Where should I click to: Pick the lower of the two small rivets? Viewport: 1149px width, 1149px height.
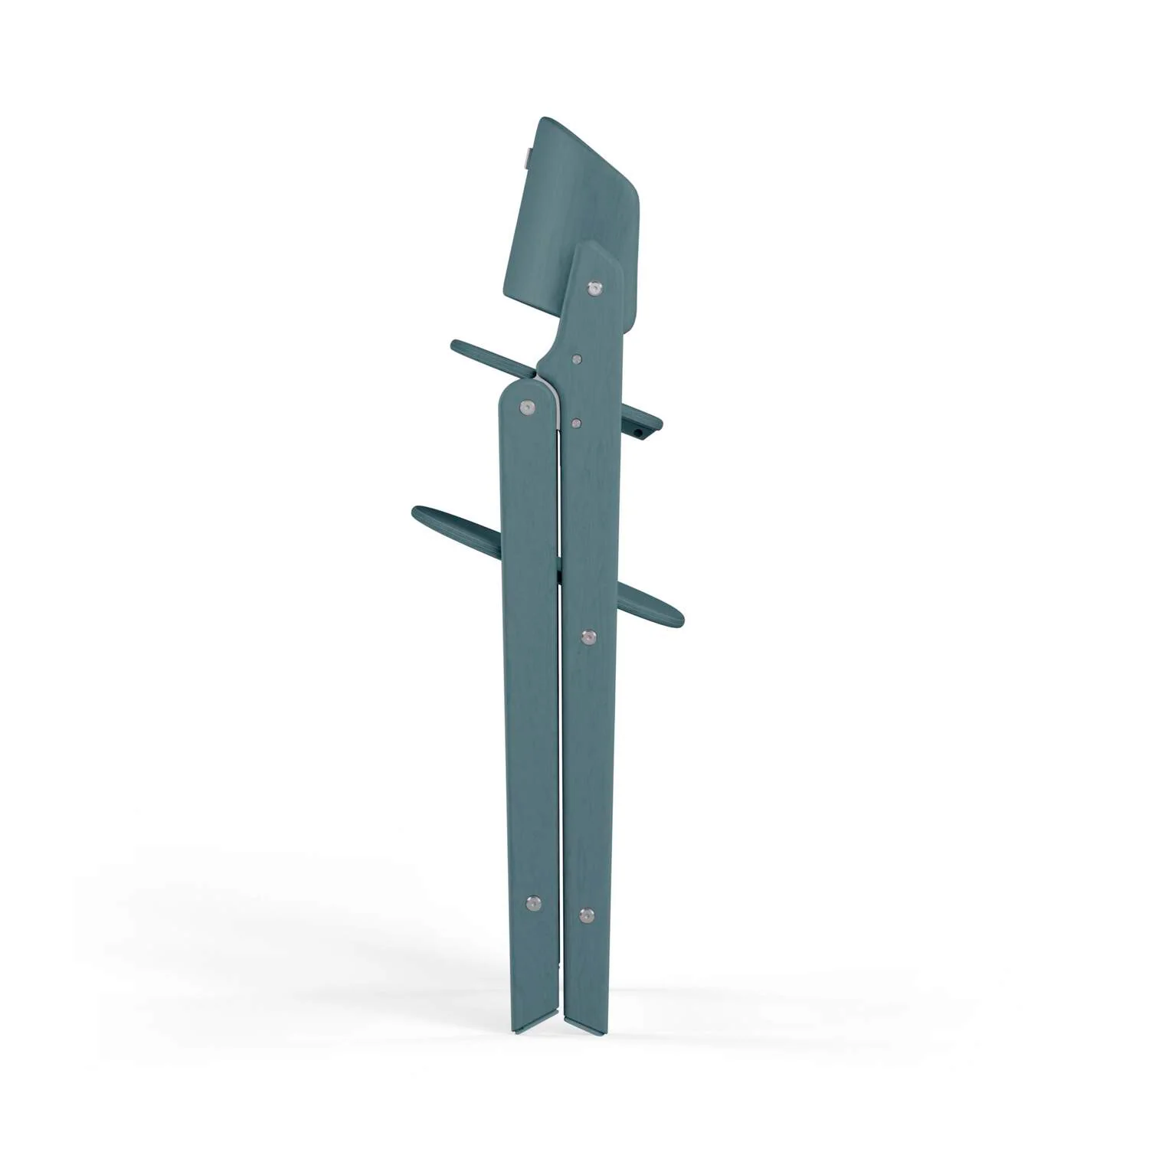[x=576, y=421]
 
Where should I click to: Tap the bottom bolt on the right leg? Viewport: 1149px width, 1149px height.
[x=587, y=914]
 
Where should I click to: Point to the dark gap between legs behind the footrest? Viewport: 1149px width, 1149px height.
[x=561, y=571]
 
